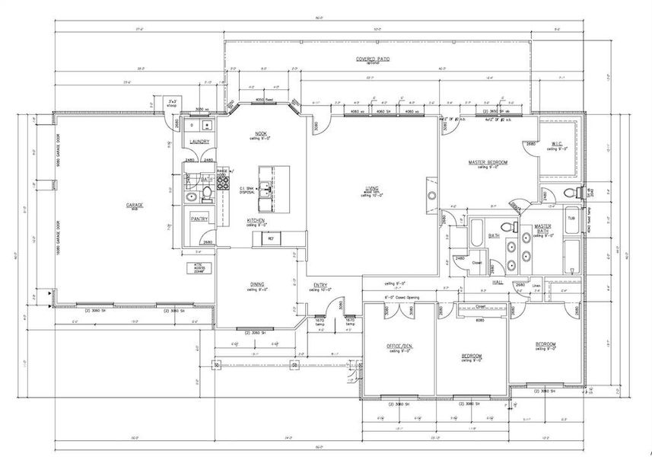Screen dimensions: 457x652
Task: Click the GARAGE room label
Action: [x=135, y=205]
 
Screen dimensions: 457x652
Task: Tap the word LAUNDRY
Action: [x=199, y=142]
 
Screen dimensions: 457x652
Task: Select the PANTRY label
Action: [x=199, y=219]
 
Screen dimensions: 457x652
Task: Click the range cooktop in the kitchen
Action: [x=224, y=182]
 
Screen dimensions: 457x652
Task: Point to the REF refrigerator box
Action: [x=270, y=238]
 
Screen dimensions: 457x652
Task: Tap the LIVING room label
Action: [x=372, y=187]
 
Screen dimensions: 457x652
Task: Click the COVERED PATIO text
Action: [x=373, y=59]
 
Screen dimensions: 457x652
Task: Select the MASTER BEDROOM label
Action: [x=487, y=162]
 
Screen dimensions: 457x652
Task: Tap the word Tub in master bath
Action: [x=571, y=218]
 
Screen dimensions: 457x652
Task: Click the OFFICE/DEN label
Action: [x=399, y=346]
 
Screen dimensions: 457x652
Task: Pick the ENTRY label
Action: [x=320, y=286]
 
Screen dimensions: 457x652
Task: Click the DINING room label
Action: [x=256, y=284]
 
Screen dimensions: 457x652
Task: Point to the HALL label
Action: [x=498, y=282]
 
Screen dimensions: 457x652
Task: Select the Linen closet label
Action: [x=536, y=286]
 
